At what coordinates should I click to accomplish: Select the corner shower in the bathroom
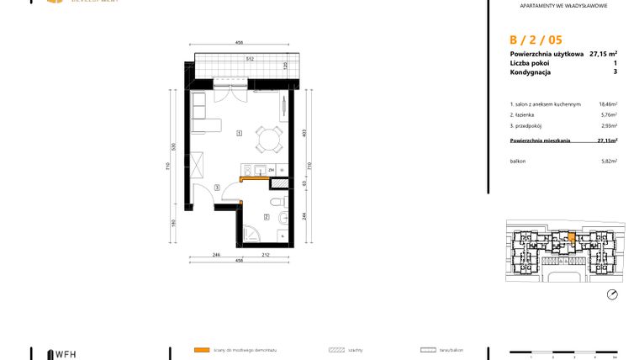pyautogui.click(x=253, y=233)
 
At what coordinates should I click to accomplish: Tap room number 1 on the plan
pyautogui.click(x=240, y=133)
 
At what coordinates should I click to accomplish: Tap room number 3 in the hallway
pyautogui.click(x=217, y=187)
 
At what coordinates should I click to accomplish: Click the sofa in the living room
pyautogui.click(x=202, y=114)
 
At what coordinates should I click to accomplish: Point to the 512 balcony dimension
pyautogui.click(x=250, y=59)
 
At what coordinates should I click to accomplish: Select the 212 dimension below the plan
pyautogui.click(x=266, y=254)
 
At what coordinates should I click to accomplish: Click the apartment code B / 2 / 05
pyautogui.click(x=536, y=39)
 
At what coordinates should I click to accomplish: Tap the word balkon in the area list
pyautogui.click(x=518, y=161)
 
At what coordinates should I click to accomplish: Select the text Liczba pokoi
pyautogui.click(x=531, y=63)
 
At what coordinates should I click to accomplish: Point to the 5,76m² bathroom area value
pyautogui.click(x=609, y=114)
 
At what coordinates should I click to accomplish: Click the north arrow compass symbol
pyautogui.click(x=612, y=294)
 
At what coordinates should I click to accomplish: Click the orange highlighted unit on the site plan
pyautogui.click(x=572, y=238)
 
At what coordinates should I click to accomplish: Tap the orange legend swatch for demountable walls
pyautogui.click(x=200, y=348)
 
